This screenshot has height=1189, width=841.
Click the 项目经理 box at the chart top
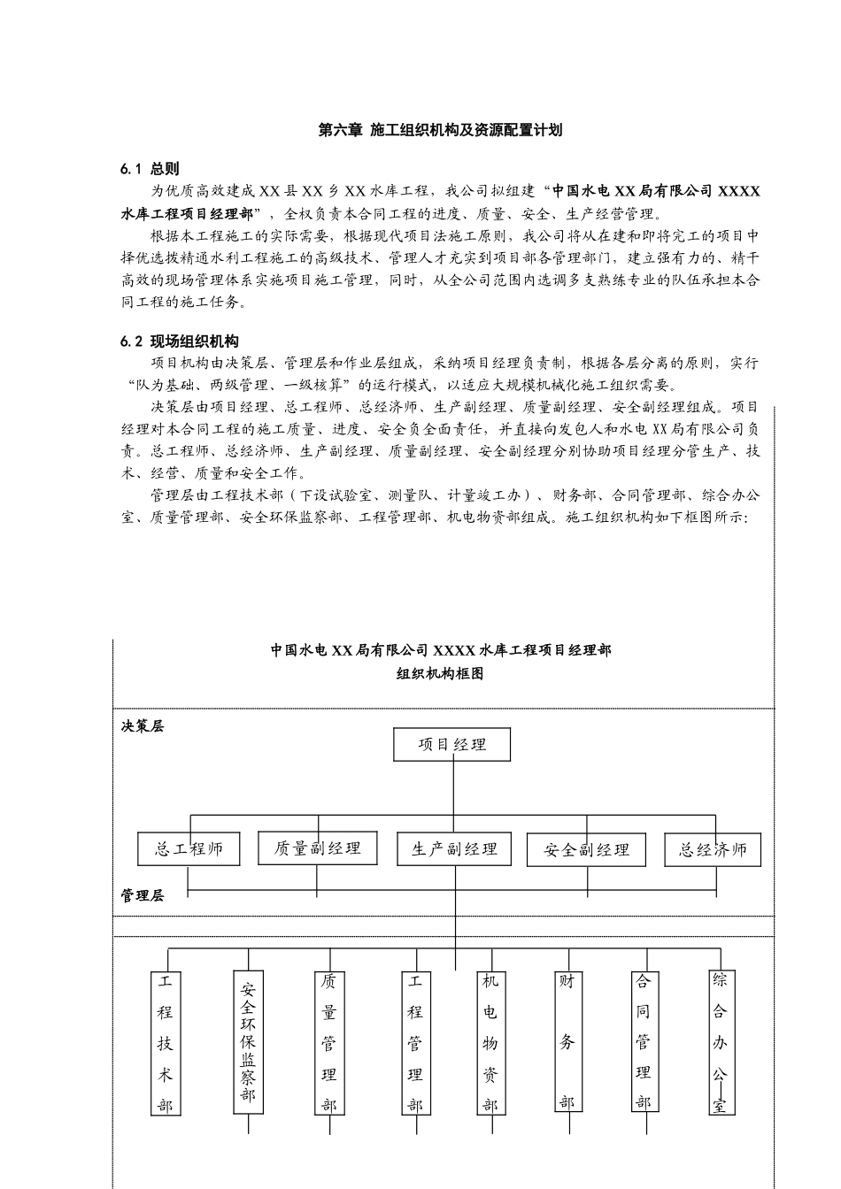coord(452,744)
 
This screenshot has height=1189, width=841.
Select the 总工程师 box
coord(189,849)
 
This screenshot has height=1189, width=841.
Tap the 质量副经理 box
coord(317,848)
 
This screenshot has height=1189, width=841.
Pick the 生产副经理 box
coord(454,849)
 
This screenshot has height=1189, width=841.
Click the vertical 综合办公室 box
coord(721,1041)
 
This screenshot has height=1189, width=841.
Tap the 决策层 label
coord(143,726)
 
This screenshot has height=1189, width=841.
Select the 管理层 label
coord(143,895)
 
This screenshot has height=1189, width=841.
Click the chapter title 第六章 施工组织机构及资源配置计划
coord(440,130)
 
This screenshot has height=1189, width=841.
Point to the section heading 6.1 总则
coord(150,168)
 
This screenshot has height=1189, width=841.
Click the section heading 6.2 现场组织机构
coord(180,341)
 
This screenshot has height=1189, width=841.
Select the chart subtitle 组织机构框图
coord(440,673)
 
